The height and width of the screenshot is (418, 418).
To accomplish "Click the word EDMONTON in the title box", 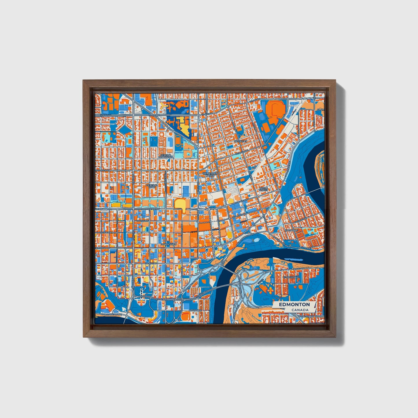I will tap(294, 304).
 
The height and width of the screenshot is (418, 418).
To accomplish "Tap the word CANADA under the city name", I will tap(300, 310).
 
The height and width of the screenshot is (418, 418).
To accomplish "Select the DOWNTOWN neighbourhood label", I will tap(168, 244).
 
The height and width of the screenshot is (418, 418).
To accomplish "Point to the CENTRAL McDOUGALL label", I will tap(166, 156).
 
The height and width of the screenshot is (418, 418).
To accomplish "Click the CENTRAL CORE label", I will tap(152, 186).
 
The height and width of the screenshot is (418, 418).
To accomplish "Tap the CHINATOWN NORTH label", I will tap(210, 174).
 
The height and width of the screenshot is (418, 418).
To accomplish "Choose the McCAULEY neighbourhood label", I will tap(241, 141).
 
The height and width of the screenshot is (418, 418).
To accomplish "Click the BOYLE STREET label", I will tap(264, 189).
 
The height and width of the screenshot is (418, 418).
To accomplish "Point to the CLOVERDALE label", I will tap(291, 277).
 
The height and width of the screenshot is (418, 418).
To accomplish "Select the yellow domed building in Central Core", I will tap(180, 204).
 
